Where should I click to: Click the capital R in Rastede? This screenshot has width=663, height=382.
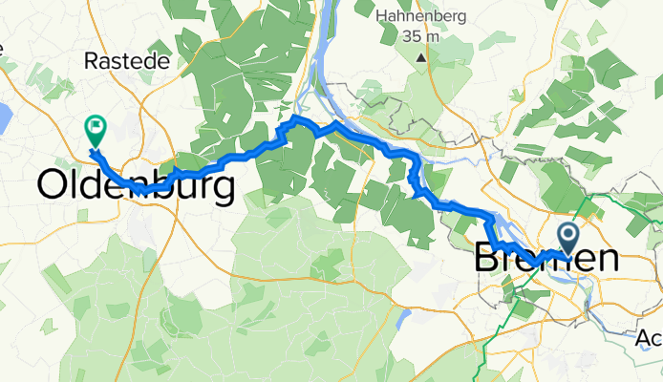pyautogui.click(x=92, y=60)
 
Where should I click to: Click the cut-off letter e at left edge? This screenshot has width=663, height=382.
pyautogui.click(x=2, y=47)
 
